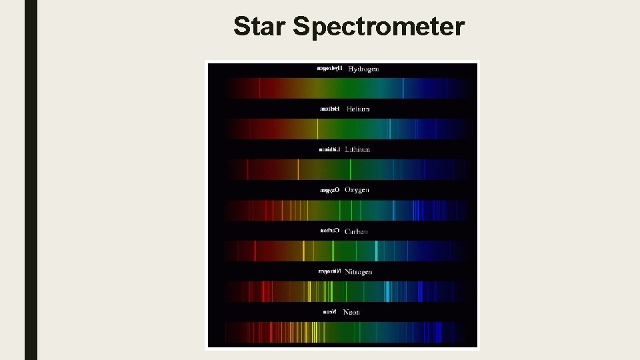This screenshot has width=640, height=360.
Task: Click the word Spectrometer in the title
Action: coord(379,27)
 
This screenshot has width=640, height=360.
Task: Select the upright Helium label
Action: coord(358,109)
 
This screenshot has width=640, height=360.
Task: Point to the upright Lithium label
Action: coord(357,149)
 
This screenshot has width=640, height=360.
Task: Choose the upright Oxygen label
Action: coord(357,190)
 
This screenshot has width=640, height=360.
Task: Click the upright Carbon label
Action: coord(356,231)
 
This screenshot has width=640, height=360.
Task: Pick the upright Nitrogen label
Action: coord(359,272)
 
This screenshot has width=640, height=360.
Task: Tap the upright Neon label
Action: coord(351,312)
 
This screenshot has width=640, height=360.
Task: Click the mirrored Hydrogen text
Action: coord(329,69)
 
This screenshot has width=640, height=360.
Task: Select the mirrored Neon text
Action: coord(329,312)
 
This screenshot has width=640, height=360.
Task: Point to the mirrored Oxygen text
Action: coord(329,190)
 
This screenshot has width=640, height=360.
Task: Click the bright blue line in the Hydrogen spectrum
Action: coord(403,88)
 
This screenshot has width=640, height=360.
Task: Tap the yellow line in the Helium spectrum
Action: coord(317,129)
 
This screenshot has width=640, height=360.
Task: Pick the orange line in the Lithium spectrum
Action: coord(298,169)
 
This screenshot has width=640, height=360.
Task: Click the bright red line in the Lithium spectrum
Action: coord(247,169)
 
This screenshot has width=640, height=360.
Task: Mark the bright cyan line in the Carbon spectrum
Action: coord(376,251)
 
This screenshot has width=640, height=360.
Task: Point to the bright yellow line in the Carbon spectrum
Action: coord(303,251)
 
